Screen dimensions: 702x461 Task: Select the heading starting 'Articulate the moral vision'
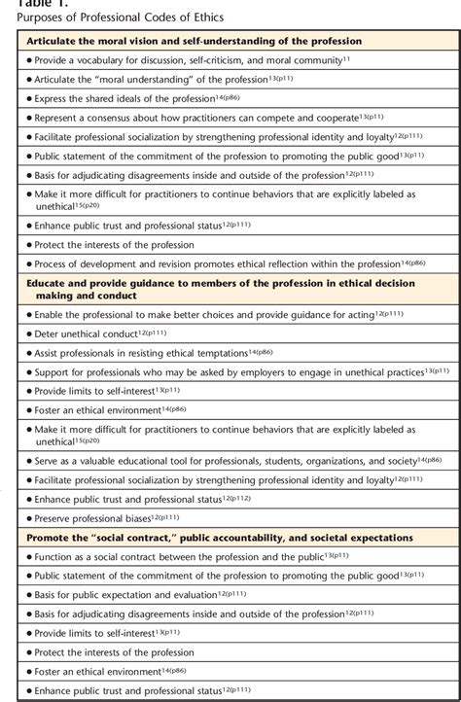point(195,42)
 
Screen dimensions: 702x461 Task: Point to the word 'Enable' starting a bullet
point(50,315)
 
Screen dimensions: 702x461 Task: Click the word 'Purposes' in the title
point(26,18)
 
